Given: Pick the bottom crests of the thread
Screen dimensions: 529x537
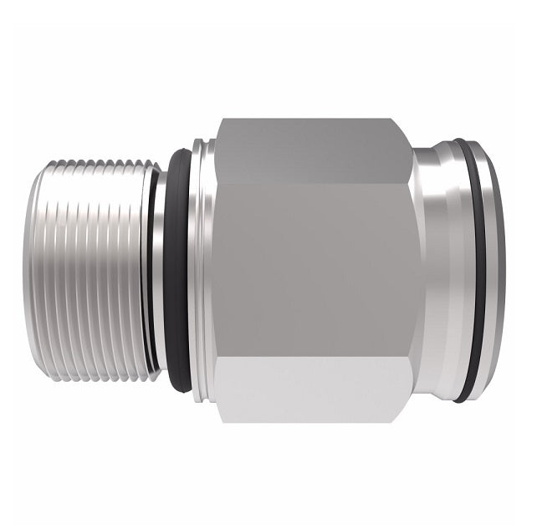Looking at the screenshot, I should click(96, 374).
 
